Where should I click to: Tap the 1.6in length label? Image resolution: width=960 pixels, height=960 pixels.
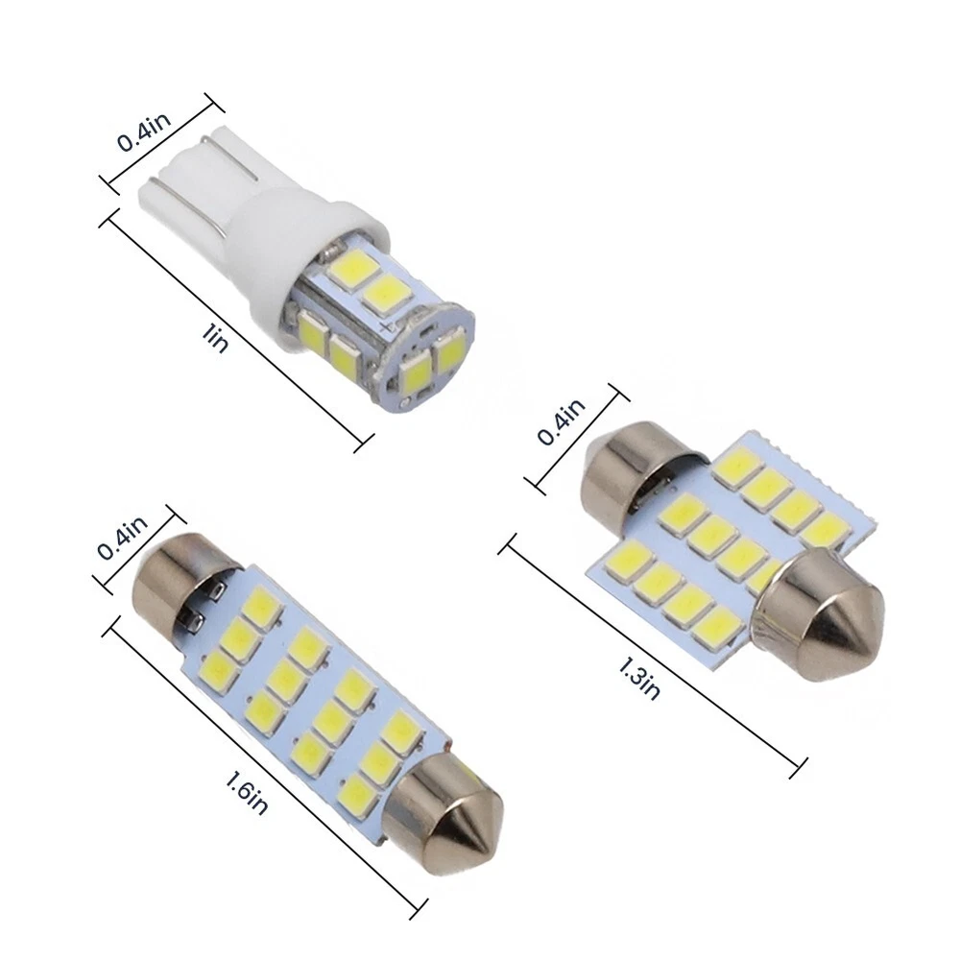(x=247, y=794)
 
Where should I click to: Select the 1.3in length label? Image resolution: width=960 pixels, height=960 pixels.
(x=639, y=679)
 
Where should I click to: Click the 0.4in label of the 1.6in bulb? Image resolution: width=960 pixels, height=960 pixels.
(x=123, y=538)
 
